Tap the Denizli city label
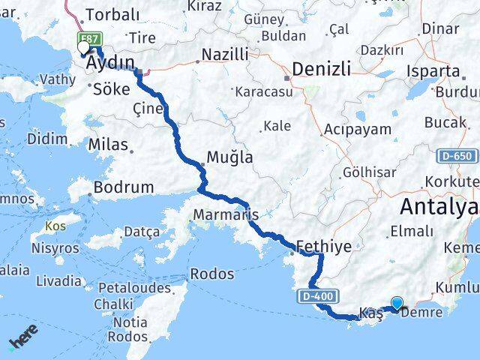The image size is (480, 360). point(320,69)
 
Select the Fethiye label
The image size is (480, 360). point(324,245)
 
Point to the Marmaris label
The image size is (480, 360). point(226,214)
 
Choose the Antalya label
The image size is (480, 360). point(439,206)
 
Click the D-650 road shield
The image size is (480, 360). point(457,156)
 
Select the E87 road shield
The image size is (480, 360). point(91,37)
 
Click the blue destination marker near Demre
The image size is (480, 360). point(396,304)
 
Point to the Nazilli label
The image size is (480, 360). point(222,55)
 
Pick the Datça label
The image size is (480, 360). point(141,232)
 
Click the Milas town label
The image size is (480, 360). point(107,145)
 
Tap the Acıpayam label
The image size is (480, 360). point(357,129)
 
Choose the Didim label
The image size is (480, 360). point(46,139)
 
